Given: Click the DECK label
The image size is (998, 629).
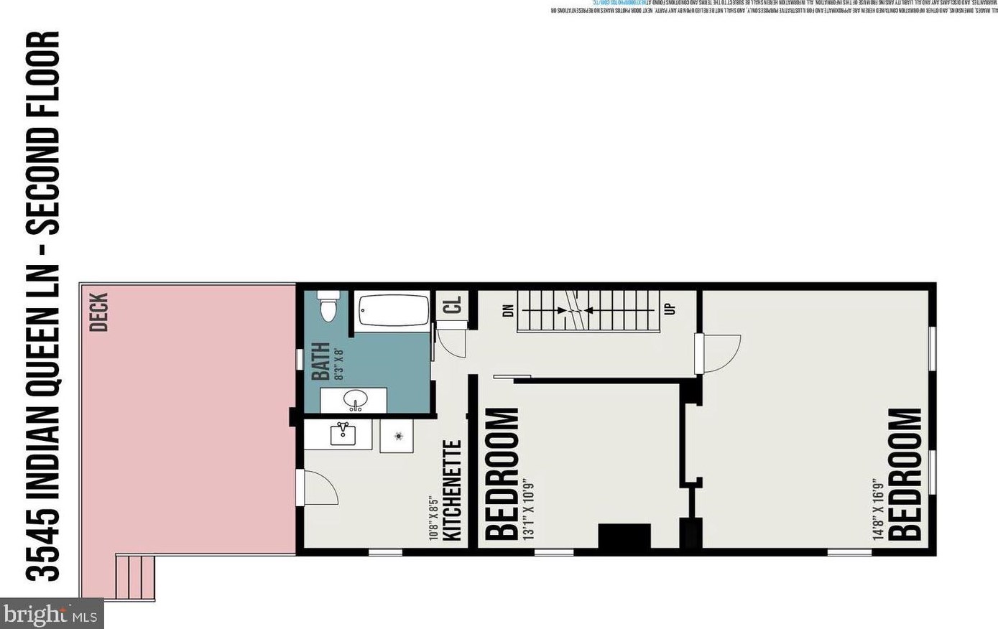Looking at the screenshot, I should [99, 312].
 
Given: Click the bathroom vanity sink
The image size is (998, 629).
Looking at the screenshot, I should [354, 400].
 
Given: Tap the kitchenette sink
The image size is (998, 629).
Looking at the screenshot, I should [342, 433].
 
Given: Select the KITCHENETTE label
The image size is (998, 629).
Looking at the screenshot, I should [452, 490].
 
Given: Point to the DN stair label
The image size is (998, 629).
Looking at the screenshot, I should [509, 309].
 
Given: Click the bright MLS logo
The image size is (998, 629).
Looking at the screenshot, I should [50, 615].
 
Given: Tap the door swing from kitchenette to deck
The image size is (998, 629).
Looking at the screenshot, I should [318, 488].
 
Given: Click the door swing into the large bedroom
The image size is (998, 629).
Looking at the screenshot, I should [719, 354].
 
